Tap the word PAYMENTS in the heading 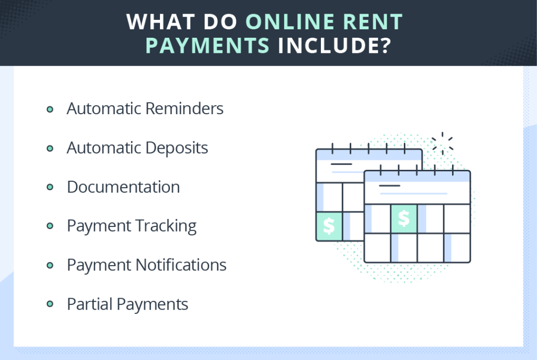pos(208,46)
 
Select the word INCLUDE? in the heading pos(335,46)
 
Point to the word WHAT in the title pos(160,22)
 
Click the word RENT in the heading pos(373,22)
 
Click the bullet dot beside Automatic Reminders pos(50,110)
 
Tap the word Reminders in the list pos(184,108)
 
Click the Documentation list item pos(123,187)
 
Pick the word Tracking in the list pos(166,226)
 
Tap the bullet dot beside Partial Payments pos(50,304)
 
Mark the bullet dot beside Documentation pos(50,187)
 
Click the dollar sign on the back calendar pos(329,226)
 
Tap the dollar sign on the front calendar pos(404,219)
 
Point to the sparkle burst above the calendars pos(443,144)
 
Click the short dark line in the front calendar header pos(390,186)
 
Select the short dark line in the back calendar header pos(341,164)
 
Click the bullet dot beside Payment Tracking pos(50,226)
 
